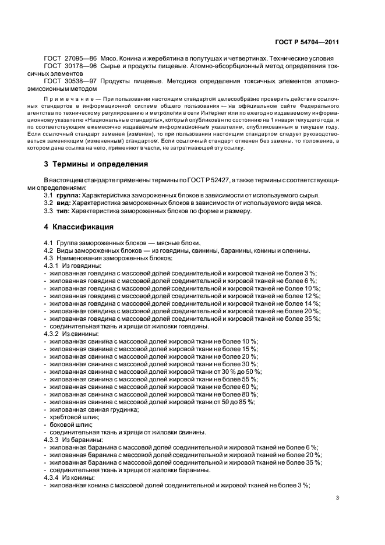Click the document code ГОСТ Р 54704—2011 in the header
[x=307, y=42]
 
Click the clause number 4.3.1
[x=52, y=265]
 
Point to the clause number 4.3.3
[x=52, y=440]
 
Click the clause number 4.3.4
[x=52, y=477]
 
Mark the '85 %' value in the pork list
[x=247, y=402]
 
